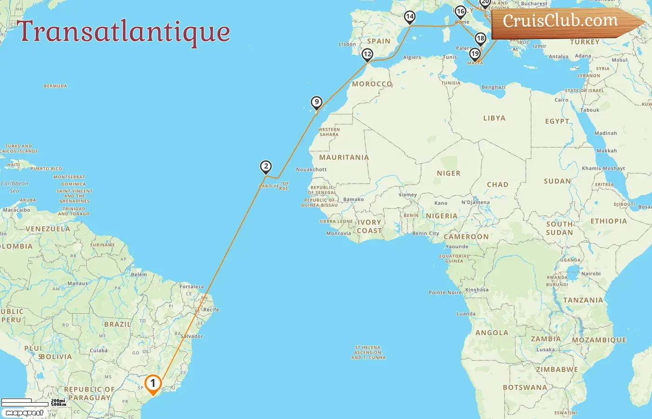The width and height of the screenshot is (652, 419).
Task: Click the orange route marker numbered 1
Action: [153, 384]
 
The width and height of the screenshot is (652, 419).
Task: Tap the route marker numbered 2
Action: [265, 167]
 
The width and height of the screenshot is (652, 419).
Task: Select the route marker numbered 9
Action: [317, 102]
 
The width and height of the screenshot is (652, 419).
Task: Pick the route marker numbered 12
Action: [367, 54]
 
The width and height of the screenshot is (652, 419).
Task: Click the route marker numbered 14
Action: [409, 17]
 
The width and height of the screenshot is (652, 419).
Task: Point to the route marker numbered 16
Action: [460, 12]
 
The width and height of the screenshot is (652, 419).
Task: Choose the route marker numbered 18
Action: [480, 39]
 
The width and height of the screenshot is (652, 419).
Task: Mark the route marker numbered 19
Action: [475, 54]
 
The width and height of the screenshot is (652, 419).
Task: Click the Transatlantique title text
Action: [124, 32]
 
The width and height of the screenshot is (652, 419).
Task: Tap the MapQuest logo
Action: [25, 412]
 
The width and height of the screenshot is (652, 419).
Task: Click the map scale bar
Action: [26, 402]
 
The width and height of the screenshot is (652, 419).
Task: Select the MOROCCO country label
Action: [372, 84]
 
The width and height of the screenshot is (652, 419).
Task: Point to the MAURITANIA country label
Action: [344, 157]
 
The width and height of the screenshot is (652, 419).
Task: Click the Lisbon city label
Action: [347, 44]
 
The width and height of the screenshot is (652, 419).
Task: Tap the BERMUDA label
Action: [55, 86]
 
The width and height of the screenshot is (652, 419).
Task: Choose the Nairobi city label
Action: [591, 274]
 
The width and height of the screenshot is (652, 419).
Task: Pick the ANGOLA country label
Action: [492, 333]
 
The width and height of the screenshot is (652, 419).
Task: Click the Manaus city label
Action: [78, 284]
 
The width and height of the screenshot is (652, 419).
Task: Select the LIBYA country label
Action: [494, 118]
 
